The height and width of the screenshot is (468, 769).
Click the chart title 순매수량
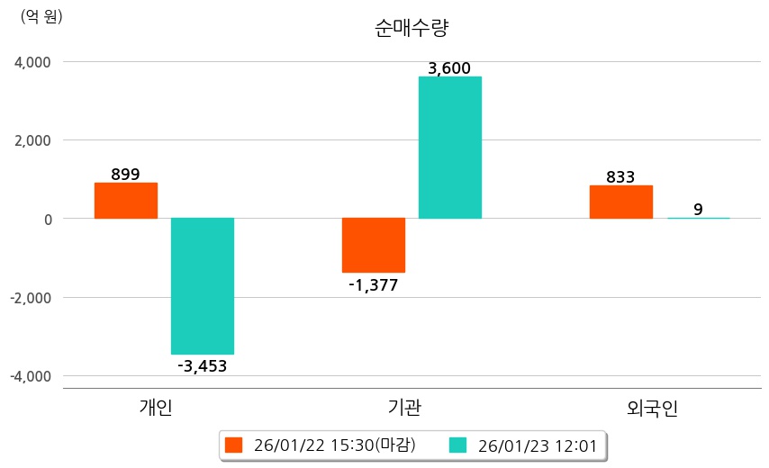pos(411,28)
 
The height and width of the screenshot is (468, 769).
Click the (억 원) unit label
pos(41,16)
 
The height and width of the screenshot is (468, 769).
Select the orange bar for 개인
pos(126,201)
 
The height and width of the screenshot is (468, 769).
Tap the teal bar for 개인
pos(203,286)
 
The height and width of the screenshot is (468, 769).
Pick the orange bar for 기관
pos(374,245)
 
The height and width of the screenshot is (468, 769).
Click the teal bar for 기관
pos(450,148)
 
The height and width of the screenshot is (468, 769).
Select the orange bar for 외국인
pos(621,202)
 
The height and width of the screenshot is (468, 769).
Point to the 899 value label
pos(125,175)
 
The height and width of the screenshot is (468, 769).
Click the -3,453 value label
pos(202,366)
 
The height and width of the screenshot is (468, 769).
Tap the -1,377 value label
pos(373,285)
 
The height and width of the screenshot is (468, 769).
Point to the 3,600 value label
pos(449,68)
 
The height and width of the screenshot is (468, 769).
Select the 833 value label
pos(620,177)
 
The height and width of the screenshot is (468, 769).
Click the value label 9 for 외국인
pos(698,210)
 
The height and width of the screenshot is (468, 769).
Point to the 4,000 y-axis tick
pos(34,62)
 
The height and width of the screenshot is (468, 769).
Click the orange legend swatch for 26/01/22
pos(234,445)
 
